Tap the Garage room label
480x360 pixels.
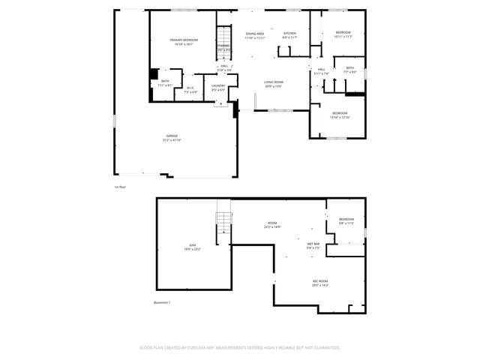(172, 136)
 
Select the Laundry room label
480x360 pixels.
(218, 85)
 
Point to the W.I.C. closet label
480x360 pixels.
(190, 88)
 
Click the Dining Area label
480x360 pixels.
(255, 34)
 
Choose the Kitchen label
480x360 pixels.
(289, 33)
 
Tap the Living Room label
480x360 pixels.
(273, 82)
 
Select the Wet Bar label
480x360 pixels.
(313, 244)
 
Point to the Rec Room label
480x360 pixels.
(320, 280)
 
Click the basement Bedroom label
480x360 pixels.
(346, 219)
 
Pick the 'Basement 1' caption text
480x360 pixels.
(162, 303)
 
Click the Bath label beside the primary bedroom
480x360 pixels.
(165, 81)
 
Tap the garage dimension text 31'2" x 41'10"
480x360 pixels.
(172, 140)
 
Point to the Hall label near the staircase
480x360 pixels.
(223, 66)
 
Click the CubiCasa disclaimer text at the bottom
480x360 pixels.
(240, 347)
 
